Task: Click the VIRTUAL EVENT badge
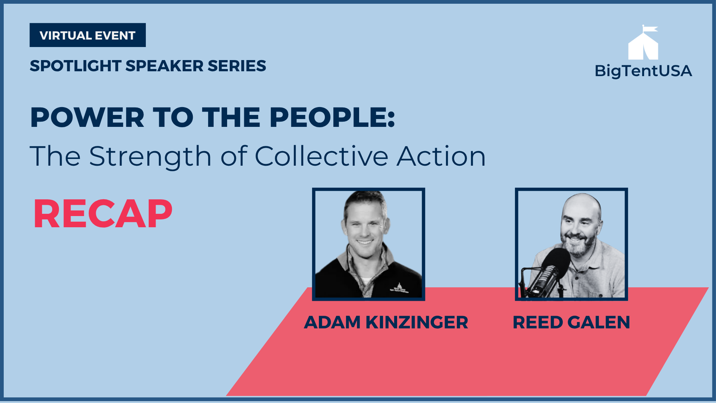(88, 35)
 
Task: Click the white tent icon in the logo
(643, 46)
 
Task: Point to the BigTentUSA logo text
(643, 71)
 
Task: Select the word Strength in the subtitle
(150, 157)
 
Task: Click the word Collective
(321, 156)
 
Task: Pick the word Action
(441, 156)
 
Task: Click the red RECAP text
(103, 214)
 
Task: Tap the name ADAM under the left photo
(332, 322)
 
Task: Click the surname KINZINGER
(417, 322)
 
